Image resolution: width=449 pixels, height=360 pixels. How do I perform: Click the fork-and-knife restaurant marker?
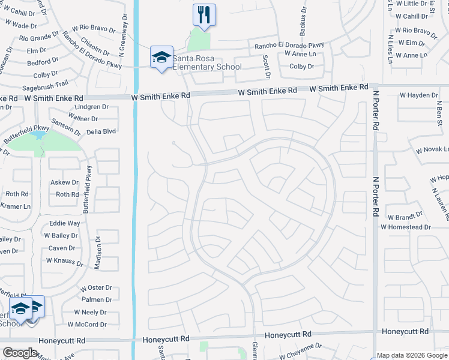204,15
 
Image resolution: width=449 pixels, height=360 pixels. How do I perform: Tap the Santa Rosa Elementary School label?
207,62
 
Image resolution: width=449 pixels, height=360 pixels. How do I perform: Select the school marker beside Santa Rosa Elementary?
161,58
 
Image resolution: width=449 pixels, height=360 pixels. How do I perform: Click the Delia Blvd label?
101,130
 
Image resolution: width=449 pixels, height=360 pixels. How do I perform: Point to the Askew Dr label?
64,182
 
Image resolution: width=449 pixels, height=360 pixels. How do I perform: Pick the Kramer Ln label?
14,206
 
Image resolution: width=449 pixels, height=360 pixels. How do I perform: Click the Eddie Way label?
65,223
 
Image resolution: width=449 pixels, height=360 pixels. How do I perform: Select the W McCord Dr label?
86,325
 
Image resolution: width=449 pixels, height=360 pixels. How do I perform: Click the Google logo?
20,353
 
